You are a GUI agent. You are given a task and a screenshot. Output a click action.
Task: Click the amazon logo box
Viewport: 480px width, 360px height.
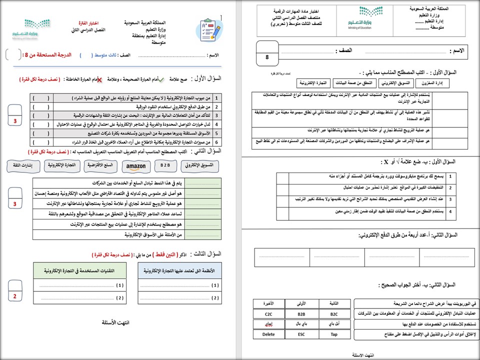135,166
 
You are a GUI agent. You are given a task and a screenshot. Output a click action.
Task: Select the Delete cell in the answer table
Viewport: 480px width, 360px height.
268,334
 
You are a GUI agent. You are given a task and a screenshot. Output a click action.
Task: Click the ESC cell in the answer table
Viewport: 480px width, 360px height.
301,334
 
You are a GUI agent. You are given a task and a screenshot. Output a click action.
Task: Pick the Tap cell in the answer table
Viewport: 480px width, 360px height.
334,334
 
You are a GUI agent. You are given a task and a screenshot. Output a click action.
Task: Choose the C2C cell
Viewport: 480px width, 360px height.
268,313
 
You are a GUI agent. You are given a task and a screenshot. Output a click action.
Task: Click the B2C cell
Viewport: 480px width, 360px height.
334,313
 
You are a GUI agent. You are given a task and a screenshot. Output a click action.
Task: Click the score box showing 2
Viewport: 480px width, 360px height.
15,296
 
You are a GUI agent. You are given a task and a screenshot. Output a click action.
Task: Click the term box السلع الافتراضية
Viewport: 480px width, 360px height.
99,165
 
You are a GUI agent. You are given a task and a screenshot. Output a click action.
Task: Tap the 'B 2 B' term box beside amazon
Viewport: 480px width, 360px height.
165,165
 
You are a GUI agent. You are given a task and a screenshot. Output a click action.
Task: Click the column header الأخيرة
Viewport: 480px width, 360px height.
268,303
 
